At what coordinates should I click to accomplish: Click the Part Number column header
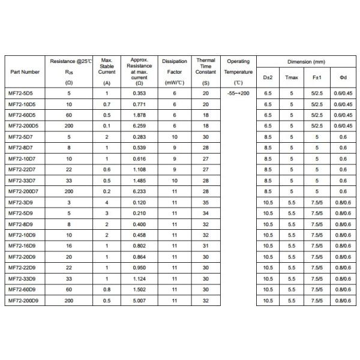point(26,71)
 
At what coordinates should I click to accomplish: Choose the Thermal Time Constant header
point(206,71)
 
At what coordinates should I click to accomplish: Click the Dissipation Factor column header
point(174,71)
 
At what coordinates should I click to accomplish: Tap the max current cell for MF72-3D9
point(107,203)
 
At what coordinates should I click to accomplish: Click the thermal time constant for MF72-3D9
point(206,203)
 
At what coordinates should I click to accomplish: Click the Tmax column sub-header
point(292,78)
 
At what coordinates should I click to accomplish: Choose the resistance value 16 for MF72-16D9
point(68,245)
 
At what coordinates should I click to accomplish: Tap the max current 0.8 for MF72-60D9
point(107,289)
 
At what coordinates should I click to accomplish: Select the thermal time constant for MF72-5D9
point(206,213)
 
